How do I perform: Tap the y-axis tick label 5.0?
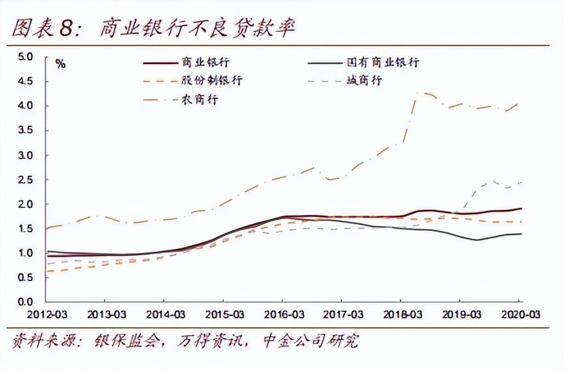[x=24, y=56]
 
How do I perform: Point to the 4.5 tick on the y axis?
[x=24, y=82]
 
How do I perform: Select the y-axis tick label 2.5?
[x=24, y=180]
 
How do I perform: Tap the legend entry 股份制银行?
[x=211, y=82]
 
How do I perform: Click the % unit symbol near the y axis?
[x=60, y=64]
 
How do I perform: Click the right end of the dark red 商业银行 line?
[x=520, y=209]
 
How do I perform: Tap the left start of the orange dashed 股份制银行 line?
[x=46, y=271]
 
